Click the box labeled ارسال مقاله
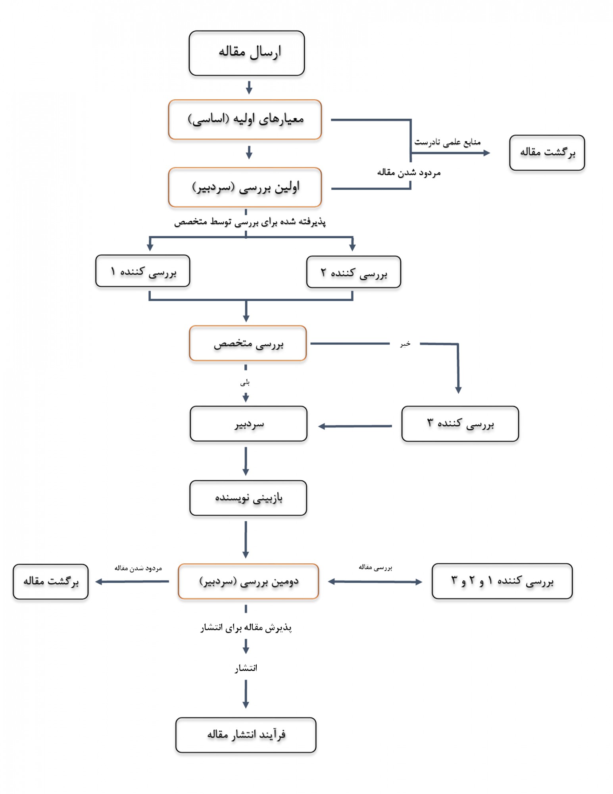tap(246, 53)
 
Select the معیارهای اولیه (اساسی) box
tap(245, 119)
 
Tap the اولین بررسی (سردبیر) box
tap(245, 187)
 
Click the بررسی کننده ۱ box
tap(142, 271)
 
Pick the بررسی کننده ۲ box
tap(354, 272)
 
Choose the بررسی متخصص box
tap(248, 343)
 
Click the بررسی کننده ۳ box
tap(460, 424)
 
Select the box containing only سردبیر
tap(248, 424)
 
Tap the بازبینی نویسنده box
tap(248, 498)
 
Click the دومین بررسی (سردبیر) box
tap(248, 581)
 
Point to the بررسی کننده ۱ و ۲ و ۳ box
tap(502, 581)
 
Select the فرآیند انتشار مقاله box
tap(246, 735)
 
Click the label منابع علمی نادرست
tap(447, 142)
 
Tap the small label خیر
tap(405, 344)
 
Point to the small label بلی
tap(245, 383)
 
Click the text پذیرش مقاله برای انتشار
tap(246, 628)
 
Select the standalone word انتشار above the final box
tap(246, 668)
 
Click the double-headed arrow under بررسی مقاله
tap(375, 582)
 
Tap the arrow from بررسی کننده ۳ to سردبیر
tap(355, 426)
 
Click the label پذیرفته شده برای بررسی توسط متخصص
tap(250, 222)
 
